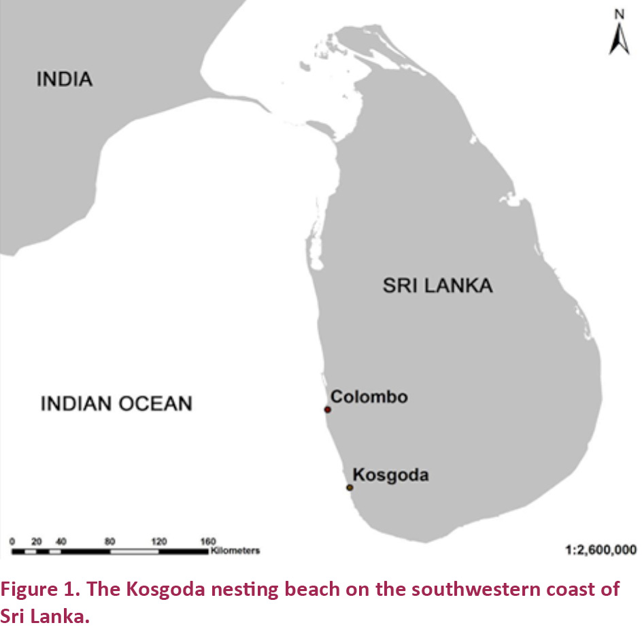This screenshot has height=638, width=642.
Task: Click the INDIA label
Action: (x=64, y=79)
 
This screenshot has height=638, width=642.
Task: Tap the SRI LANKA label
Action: (x=437, y=285)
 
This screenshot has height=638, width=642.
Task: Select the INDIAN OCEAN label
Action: (x=116, y=403)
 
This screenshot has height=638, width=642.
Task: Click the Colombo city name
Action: (x=369, y=397)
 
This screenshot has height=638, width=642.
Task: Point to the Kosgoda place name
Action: (x=390, y=475)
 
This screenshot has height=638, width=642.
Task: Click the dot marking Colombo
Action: (x=327, y=409)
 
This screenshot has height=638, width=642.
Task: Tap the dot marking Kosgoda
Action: (x=350, y=488)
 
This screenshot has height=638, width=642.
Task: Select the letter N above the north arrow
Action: (x=619, y=14)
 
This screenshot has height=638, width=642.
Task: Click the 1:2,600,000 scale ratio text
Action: (x=601, y=549)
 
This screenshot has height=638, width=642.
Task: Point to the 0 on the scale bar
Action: (x=12, y=541)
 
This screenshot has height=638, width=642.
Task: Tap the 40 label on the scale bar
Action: (x=61, y=541)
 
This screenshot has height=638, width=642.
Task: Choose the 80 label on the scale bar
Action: (x=109, y=541)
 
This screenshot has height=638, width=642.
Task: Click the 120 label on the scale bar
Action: (x=158, y=541)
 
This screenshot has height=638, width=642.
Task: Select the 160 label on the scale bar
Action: (x=207, y=541)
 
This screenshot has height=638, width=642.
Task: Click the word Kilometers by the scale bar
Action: (x=235, y=550)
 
